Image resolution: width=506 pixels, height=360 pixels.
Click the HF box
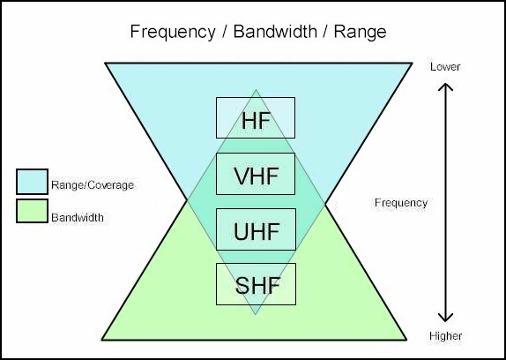256,118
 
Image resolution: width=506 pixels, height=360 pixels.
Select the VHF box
256,174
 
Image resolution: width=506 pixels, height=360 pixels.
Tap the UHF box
256,229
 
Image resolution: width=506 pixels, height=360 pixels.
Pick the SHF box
256,284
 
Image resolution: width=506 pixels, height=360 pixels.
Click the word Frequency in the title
173,32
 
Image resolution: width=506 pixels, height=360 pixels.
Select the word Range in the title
360,33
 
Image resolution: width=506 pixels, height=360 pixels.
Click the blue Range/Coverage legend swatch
32,182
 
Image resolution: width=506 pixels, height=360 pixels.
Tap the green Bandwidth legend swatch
32,211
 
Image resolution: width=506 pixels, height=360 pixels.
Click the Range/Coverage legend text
93,185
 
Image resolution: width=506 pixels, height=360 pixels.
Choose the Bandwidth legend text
78,217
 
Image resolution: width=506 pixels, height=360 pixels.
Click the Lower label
445,67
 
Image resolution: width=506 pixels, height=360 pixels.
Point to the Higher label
445,336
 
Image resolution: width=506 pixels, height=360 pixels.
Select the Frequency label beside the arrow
401,203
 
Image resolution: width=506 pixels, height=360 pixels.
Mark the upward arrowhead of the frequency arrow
445,86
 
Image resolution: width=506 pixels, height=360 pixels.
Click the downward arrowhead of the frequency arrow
445,318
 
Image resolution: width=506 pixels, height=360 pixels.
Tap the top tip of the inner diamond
256,90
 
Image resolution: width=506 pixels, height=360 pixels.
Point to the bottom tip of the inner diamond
256,314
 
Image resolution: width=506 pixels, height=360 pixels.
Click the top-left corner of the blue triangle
106,63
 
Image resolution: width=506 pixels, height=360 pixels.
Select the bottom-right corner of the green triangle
406,340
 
